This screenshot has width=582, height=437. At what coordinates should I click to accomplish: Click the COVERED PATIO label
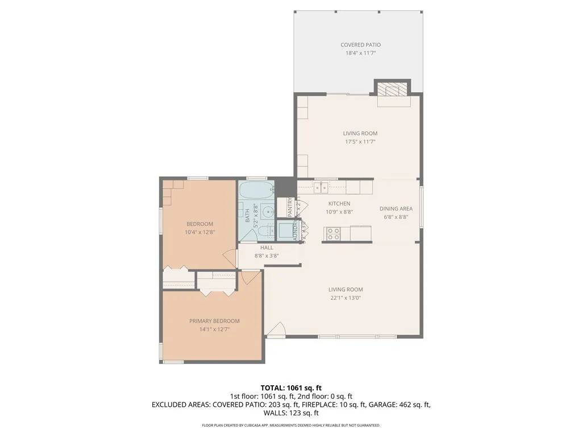tap(360, 45)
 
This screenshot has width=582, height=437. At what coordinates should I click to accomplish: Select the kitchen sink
tap(321, 187)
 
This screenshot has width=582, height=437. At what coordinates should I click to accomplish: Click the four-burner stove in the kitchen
tap(332, 233)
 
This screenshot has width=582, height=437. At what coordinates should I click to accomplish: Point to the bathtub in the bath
tap(256, 189)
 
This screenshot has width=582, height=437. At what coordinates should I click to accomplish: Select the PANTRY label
tap(289, 207)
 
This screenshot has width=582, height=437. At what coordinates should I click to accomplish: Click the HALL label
tap(267, 248)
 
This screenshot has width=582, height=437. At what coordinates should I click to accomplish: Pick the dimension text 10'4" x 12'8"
tap(199, 232)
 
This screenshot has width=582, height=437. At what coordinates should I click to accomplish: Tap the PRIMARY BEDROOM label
tap(214, 321)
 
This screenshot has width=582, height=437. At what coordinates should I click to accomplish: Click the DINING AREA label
tap(396, 209)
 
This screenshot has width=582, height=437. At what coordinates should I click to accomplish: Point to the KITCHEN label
tap(339, 204)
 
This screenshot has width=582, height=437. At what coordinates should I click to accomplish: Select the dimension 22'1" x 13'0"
tap(345, 297)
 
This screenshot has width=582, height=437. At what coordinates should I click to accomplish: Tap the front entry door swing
tap(277, 331)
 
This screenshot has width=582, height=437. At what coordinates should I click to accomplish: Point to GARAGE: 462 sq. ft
tap(404, 405)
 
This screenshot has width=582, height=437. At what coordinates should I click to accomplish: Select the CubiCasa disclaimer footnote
tap(291, 425)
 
